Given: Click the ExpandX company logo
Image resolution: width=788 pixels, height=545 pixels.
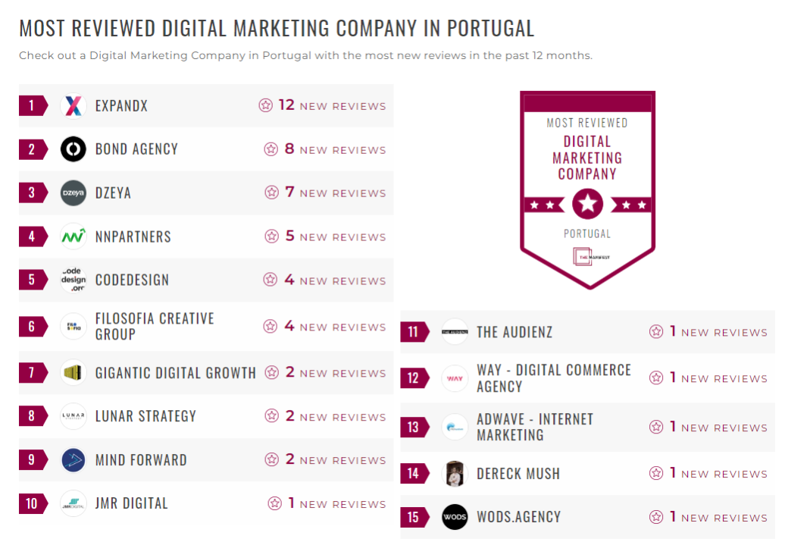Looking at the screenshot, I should point(73,106).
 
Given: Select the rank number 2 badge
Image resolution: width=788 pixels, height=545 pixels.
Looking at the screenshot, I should point(31,149).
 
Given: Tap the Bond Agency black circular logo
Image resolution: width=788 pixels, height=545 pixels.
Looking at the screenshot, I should point(73,149).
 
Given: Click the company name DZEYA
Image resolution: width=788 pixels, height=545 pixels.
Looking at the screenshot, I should point(113,193).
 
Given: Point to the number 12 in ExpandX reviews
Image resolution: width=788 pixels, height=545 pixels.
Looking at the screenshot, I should point(286,105).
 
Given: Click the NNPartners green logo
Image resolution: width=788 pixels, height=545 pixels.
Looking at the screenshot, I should point(73,236).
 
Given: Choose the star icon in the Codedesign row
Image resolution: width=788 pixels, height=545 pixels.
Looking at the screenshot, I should point(270,280).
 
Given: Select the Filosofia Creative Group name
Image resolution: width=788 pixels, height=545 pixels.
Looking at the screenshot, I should point(155,327).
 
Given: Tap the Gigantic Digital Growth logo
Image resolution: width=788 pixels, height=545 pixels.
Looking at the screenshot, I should point(73,373).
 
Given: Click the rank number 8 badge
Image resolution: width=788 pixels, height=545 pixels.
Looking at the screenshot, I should point(31,416).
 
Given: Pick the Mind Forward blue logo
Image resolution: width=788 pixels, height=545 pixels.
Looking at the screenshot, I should point(73,460).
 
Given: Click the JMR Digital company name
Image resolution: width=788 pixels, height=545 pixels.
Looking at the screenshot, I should point(131,503).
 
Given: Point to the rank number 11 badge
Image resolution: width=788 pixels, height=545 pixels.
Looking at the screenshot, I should point(413,332).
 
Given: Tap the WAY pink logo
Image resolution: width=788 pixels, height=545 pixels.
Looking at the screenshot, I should point(455,377).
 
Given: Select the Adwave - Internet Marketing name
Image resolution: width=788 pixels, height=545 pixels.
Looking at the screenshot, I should point(534,428).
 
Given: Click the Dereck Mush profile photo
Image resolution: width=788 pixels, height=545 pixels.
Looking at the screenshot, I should point(455,474).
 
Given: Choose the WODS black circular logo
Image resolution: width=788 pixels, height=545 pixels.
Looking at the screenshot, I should point(455,518).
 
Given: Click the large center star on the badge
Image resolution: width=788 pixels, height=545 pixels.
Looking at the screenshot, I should point(587,203).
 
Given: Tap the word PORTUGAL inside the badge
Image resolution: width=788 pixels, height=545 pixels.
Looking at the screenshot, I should point(587,233).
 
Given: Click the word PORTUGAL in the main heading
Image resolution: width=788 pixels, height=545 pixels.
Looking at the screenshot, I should point(490,29).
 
